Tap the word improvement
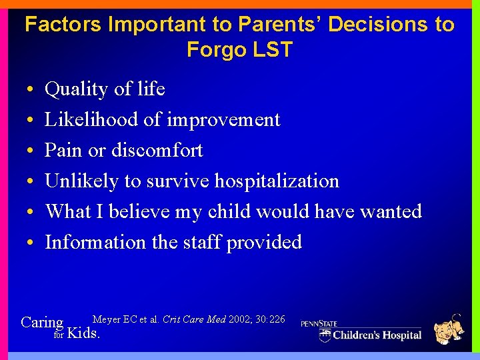[223, 119]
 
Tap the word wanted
[391, 211]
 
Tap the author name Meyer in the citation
[107, 319]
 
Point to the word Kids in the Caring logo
[84, 333]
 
